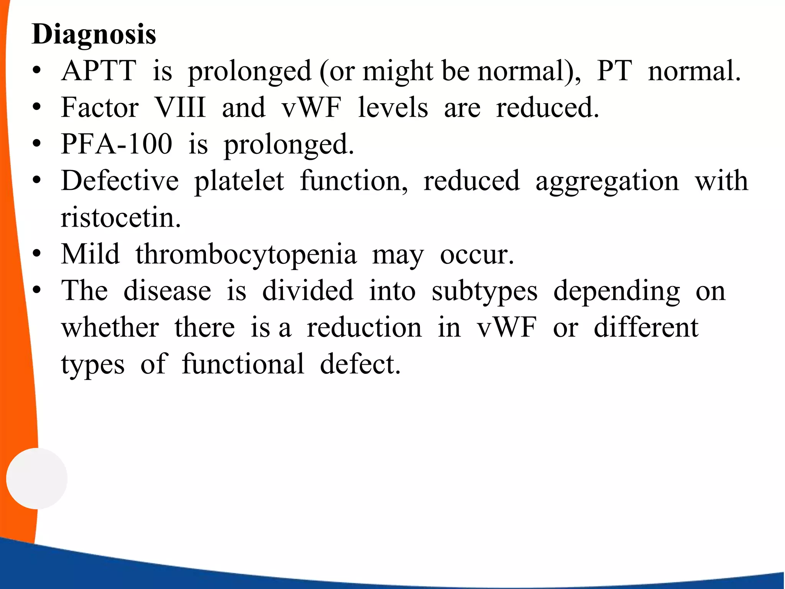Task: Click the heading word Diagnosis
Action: (x=94, y=35)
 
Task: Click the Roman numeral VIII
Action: (x=180, y=108)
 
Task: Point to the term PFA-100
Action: (x=117, y=144)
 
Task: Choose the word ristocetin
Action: (x=120, y=217)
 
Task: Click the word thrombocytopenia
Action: (x=246, y=255)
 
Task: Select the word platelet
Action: (x=239, y=181)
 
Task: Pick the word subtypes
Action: (x=484, y=291)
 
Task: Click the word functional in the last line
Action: (x=243, y=364)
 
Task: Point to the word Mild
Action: (x=90, y=254)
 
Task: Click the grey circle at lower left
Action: (x=37, y=478)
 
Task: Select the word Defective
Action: (x=120, y=181)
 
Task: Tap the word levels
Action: (x=393, y=108)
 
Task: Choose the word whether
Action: (x=110, y=328)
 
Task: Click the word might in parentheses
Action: (x=398, y=72)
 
